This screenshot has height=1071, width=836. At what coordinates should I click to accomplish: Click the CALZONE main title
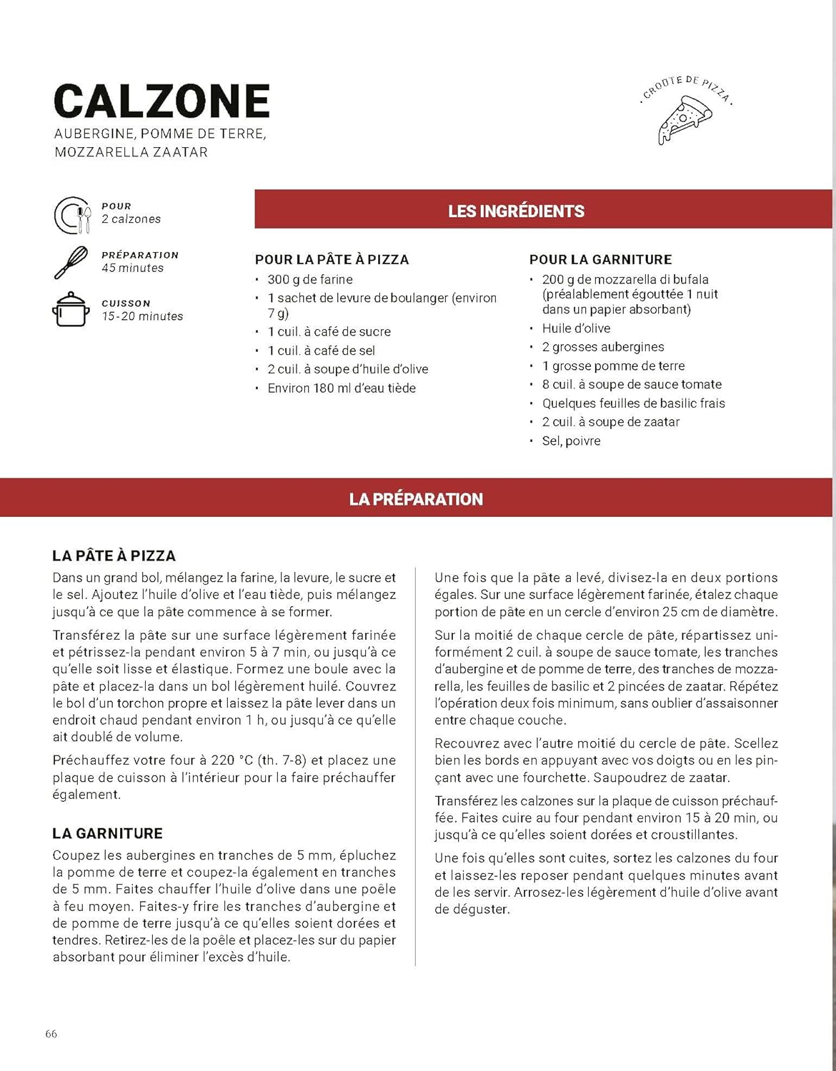click(161, 101)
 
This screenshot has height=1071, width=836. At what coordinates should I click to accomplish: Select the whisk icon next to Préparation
click(71, 262)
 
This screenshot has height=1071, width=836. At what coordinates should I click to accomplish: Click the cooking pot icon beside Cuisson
click(71, 309)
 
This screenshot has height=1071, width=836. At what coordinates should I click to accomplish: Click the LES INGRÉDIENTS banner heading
click(516, 211)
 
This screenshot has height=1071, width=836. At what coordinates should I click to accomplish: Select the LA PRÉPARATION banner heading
click(416, 499)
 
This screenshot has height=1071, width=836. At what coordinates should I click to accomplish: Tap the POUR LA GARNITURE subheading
click(600, 260)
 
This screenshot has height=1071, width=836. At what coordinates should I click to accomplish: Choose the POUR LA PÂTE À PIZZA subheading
click(332, 260)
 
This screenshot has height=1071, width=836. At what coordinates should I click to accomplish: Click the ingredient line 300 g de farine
click(310, 279)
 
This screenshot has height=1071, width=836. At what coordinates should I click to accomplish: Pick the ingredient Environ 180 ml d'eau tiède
click(342, 388)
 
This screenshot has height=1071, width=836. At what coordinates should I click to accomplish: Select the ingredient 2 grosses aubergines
click(603, 347)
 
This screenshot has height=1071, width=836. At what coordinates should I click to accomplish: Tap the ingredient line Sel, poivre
click(571, 441)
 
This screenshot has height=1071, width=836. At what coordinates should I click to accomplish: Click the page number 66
click(51, 1034)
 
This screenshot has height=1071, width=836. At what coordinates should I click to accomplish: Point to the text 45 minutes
click(132, 268)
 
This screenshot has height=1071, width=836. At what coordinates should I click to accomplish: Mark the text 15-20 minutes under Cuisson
click(142, 316)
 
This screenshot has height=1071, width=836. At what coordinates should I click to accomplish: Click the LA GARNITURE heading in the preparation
click(107, 833)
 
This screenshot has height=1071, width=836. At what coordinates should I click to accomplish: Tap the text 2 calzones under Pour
click(131, 219)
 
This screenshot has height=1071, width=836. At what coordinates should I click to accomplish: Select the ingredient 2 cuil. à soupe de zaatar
click(611, 422)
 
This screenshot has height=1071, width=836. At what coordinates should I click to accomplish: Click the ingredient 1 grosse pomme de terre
click(613, 366)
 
